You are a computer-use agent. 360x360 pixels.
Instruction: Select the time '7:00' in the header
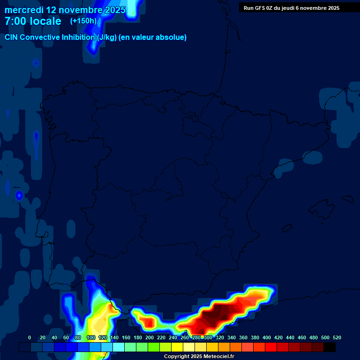click(15, 21)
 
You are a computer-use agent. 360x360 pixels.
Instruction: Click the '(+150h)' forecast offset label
click(83, 21)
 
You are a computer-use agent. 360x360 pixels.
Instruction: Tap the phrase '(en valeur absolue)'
click(153, 37)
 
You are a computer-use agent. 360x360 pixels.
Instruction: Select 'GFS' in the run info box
click(261, 8)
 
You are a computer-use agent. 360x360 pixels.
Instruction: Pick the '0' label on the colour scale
click(30, 337)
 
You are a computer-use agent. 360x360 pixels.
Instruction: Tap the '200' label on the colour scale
click(150, 337)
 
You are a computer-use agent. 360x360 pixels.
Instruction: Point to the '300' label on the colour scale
click(208, 337)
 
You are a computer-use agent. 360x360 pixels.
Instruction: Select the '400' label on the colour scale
click(267, 337)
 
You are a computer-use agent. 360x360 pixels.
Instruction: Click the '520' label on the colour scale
click(337, 337)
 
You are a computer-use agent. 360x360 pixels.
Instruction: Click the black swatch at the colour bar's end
click(330, 347)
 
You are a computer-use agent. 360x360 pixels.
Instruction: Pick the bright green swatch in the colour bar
click(154, 347)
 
